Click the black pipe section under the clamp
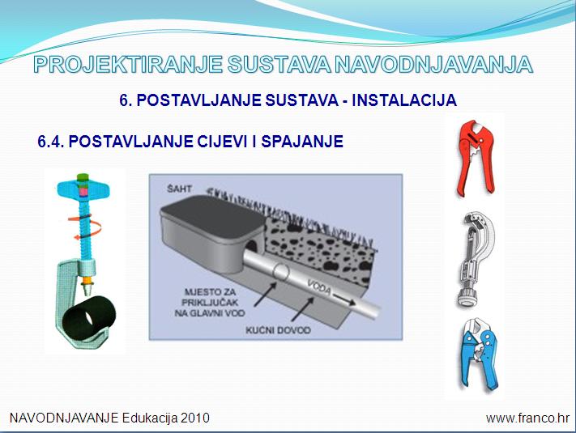[x=88, y=316]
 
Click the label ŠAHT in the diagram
[x=179, y=189]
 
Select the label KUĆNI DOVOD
[x=278, y=330]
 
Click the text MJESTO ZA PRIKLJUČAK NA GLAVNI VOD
[x=210, y=303]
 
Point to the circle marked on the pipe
[x=281, y=272]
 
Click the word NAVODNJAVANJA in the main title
[x=434, y=65]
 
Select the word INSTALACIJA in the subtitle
[x=404, y=100]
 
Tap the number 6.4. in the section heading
[x=51, y=142]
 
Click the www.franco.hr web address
[x=527, y=418]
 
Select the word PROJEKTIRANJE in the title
[x=128, y=65]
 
